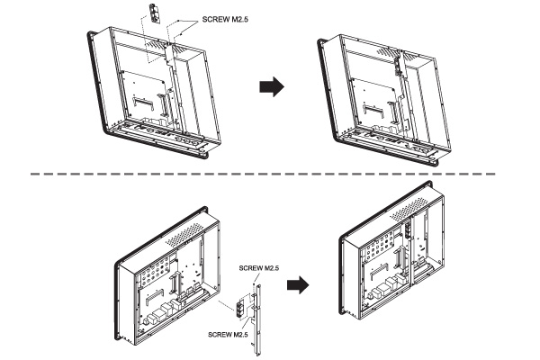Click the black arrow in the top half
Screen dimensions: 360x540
pyautogui.click(x=272, y=86)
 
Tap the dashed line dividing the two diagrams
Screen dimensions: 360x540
pyautogui.click(x=270, y=174)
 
